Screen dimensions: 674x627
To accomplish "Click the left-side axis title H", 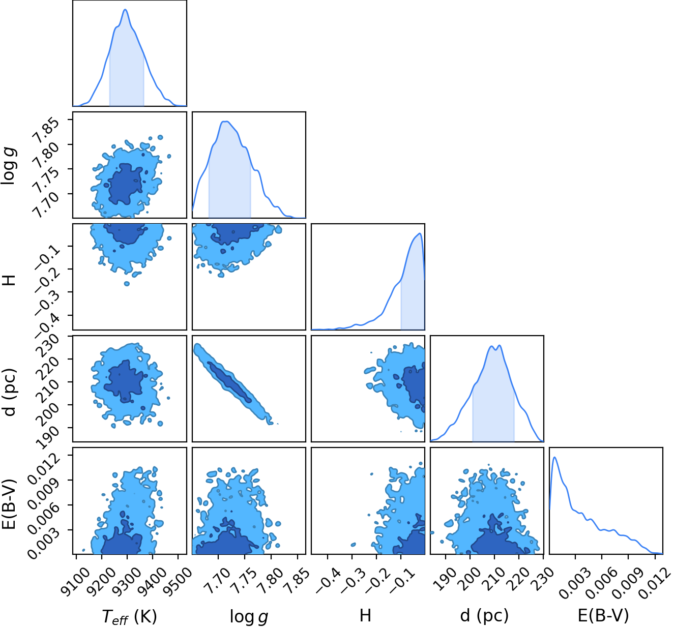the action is (10, 280).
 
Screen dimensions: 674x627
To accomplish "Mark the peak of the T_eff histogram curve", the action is (125, 10).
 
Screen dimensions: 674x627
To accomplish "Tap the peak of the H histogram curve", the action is (420, 233).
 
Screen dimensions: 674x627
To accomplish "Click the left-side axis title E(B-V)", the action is (10, 504).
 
